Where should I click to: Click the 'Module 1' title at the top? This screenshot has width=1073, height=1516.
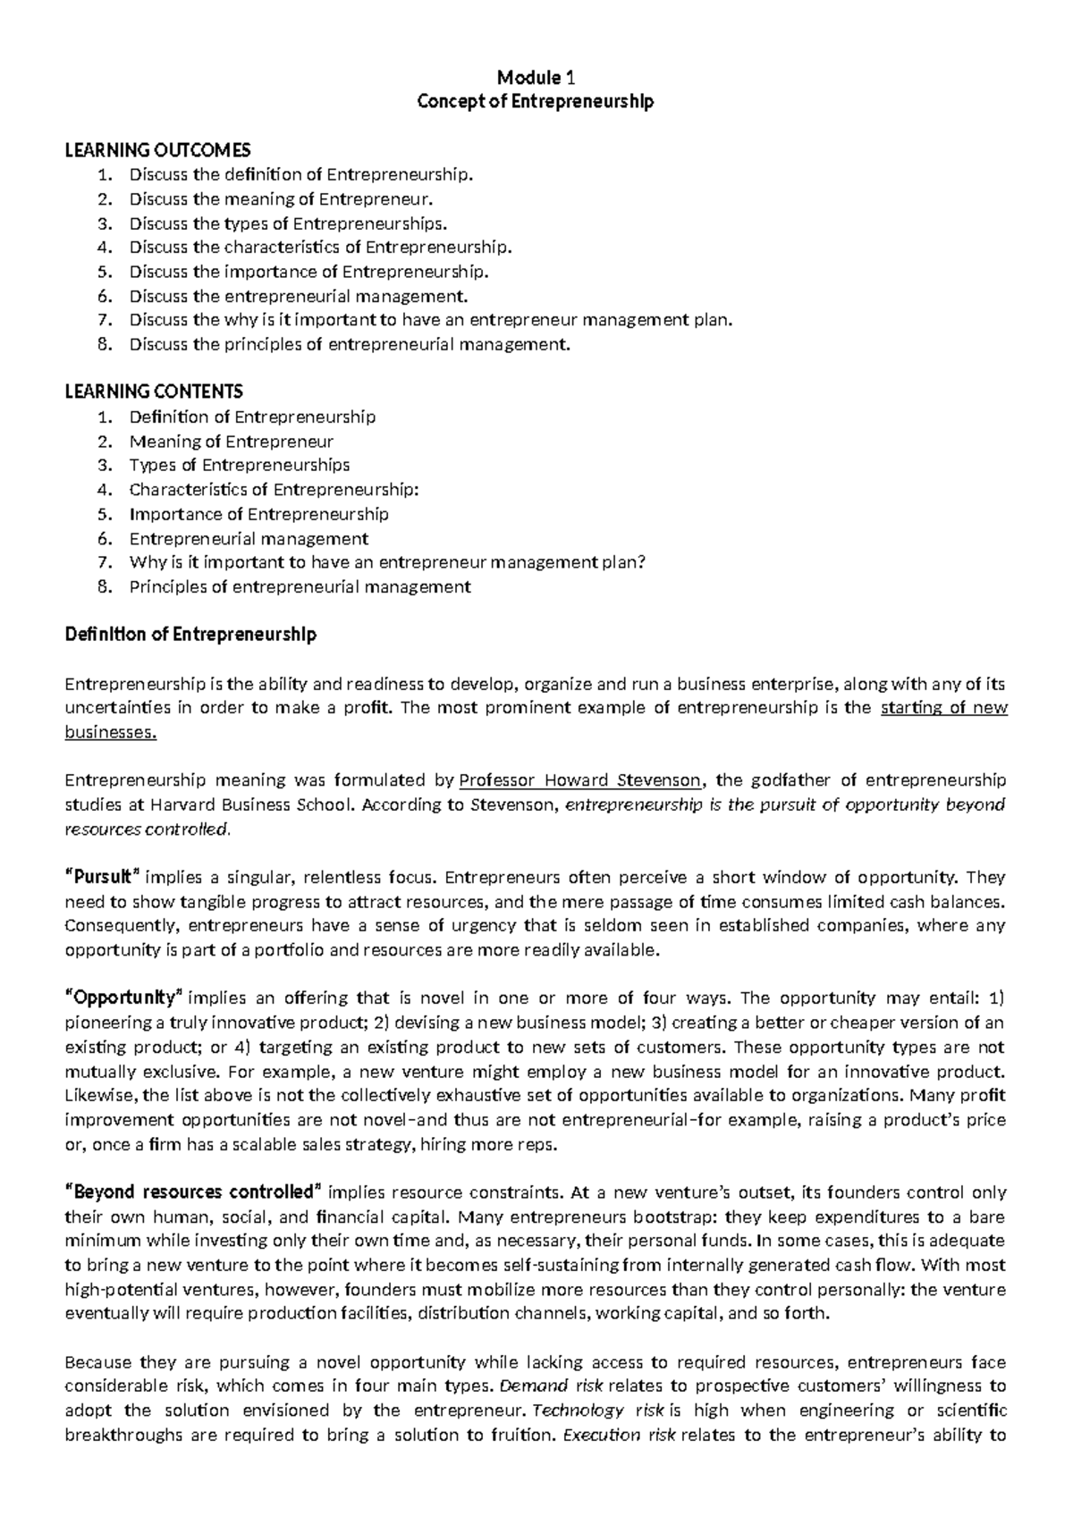coord(536,77)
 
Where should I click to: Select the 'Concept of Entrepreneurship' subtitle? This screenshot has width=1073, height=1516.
coord(536,102)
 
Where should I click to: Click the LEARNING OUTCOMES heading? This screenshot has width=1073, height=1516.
coord(158,149)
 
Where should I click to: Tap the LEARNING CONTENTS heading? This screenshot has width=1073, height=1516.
coord(154,392)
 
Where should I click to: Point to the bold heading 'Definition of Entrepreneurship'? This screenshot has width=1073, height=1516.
coord(190,635)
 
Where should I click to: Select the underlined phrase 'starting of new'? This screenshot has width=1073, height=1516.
coord(943,708)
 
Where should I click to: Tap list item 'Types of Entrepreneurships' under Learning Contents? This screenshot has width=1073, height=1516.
coord(239,465)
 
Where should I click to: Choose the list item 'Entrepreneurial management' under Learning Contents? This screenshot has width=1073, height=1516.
coord(249,539)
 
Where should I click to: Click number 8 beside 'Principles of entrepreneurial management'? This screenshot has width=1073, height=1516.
coord(106,587)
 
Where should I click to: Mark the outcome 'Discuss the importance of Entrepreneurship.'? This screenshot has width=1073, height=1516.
coord(309,272)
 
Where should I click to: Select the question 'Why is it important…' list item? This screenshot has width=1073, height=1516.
coord(386,563)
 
